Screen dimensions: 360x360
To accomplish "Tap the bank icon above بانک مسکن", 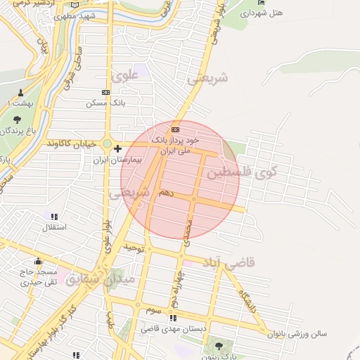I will (106, 92).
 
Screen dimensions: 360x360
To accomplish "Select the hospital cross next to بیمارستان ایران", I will (117, 148).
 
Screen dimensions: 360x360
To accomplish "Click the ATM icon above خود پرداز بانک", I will (175, 130).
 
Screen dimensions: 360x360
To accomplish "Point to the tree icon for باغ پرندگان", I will (17, 119).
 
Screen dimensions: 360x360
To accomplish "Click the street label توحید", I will (134, 248).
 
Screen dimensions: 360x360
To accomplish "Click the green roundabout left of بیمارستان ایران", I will (107, 144).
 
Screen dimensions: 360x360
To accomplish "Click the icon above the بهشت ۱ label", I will (21, 93).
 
